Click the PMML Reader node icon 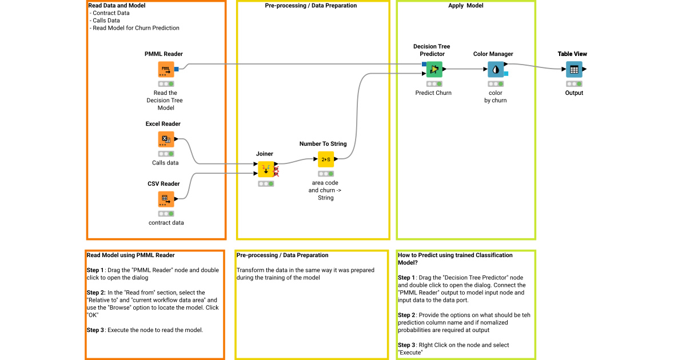[166, 70]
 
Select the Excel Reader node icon [166, 139]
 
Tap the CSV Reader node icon [166, 199]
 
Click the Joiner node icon [265, 169]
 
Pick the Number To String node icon [326, 159]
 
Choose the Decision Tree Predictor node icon [434, 70]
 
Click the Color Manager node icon [496, 70]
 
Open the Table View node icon [574, 70]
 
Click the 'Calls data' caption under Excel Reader [165, 163]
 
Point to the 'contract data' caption [166, 223]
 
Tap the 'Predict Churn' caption [433, 93]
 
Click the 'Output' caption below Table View [574, 93]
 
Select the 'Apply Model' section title [465, 6]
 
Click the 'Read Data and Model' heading [117, 6]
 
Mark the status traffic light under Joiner [265, 184]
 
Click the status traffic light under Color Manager [496, 84]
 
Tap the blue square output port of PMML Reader [177, 69]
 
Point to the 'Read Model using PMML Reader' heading [131, 255]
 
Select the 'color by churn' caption [496, 97]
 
